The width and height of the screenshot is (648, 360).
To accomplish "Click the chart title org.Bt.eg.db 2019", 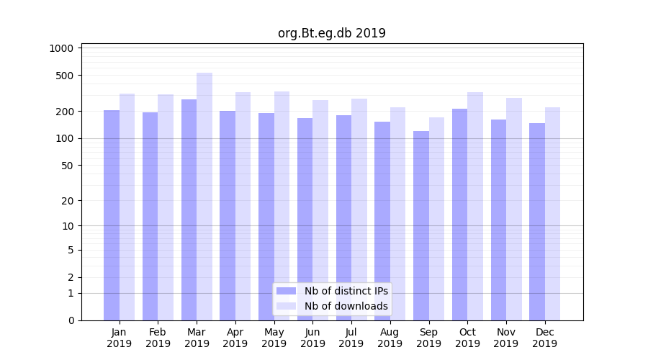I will (331, 33).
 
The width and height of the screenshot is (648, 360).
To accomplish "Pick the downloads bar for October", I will (475, 206).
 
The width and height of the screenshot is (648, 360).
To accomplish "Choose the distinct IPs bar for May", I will (266, 216).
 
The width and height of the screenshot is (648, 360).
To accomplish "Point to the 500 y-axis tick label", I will (66, 76).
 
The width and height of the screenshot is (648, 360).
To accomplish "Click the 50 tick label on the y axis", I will (68, 166).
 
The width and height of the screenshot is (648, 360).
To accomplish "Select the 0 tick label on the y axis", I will (71, 320).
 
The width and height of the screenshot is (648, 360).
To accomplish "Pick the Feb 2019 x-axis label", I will (158, 338).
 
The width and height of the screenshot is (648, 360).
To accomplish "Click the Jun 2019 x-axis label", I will (312, 338).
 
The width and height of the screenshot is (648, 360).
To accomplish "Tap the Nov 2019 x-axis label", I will (506, 338).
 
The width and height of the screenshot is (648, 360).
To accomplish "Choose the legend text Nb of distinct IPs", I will (346, 291).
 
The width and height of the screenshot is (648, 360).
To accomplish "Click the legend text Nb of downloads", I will (346, 306).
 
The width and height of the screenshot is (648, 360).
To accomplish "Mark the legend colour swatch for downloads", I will (287, 306).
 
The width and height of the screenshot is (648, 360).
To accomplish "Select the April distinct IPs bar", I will (228, 215).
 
